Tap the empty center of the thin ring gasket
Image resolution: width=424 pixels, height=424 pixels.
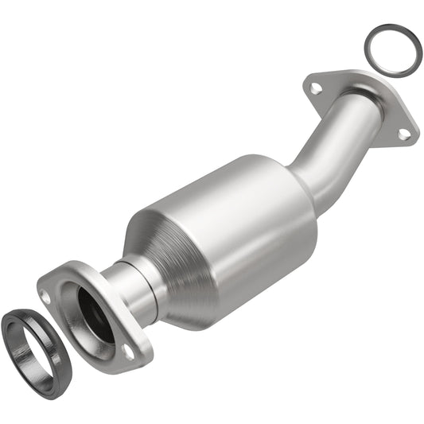(x=393, y=51)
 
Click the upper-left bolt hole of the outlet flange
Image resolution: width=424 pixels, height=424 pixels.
(x=316, y=88)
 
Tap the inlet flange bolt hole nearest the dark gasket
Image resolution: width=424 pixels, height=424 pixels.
(x=45, y=296)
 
